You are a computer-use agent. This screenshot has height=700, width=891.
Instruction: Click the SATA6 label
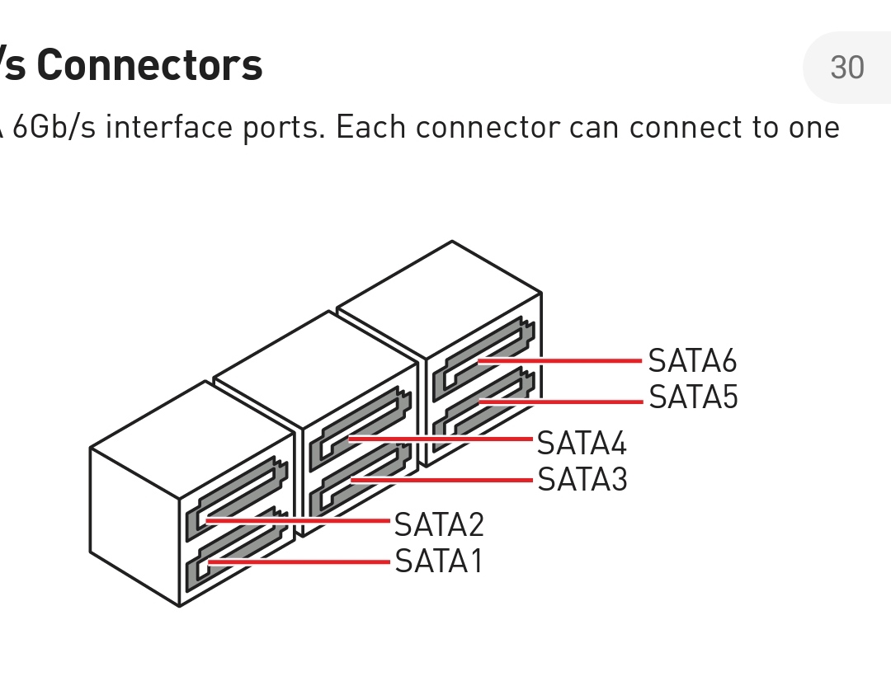click(x=692, y=361)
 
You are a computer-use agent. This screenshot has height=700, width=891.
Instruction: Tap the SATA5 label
click(x=693, y=397)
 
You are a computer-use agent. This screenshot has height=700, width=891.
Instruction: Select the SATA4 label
click(x=582, y=444)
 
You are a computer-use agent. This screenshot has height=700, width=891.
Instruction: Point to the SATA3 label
click(x=582, y=479)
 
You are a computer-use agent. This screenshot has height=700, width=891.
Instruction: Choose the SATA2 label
click(x=439, y=524)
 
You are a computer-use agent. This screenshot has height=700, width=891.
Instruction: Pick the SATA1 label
click(x=438, y=561)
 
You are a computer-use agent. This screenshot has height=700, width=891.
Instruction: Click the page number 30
click(x=846, y=68)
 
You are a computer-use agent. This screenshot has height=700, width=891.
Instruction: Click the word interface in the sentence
click(x=169, y=128)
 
